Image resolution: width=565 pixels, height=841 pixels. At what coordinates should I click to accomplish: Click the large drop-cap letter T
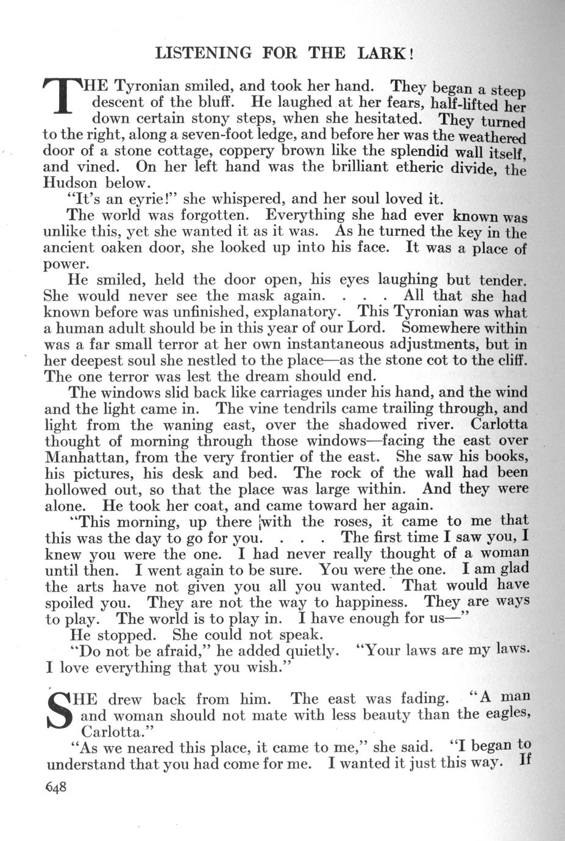click(62, 96)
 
